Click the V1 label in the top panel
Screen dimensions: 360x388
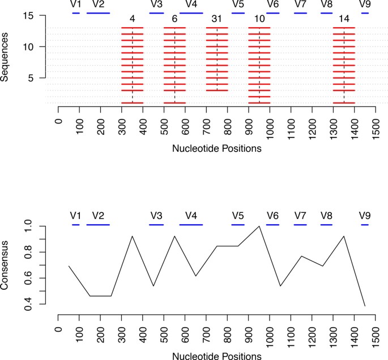[76, 5]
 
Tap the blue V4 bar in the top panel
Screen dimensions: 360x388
[191, 12]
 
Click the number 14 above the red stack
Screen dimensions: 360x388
[344, 19]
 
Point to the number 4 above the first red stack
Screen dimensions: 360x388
[133, 19]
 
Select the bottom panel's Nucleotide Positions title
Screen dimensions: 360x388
[216, 355]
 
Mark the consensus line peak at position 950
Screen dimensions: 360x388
[259, 226]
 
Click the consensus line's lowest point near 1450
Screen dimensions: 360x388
[365, 306]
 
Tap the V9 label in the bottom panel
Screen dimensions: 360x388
[365, 216]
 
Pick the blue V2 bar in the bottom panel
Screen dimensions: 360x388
[98, 225]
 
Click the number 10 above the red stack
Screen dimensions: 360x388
[259, 19]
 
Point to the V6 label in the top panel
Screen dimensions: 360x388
[272, 5]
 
